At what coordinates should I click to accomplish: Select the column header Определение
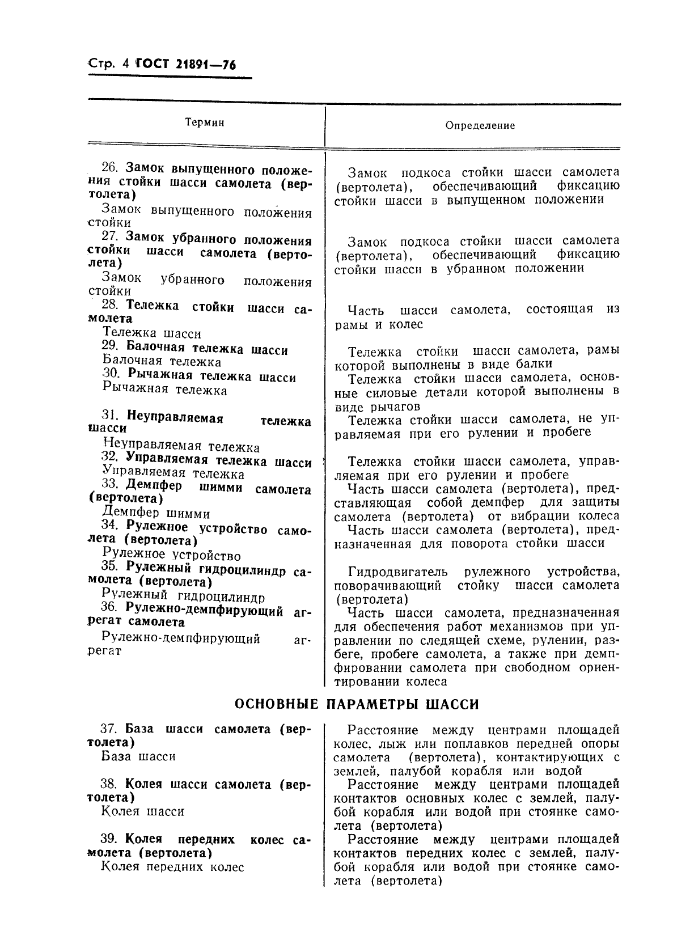coord(480,125)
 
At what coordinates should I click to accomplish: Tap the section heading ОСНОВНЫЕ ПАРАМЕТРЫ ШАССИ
coord(357,704)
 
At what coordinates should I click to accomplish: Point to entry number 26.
coord(109,168)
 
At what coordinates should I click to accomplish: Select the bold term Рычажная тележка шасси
coord(211,376)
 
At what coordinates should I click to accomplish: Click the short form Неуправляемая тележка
coord(182,447)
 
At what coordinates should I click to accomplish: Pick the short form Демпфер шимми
coord(156,514)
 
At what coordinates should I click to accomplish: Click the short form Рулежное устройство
coord(172,555)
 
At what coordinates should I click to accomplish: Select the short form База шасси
coord(139,756)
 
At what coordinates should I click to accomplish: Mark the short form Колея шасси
coord(143,811)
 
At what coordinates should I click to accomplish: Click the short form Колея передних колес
coord(173,867)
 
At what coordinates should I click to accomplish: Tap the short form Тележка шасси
coord(152,333)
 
